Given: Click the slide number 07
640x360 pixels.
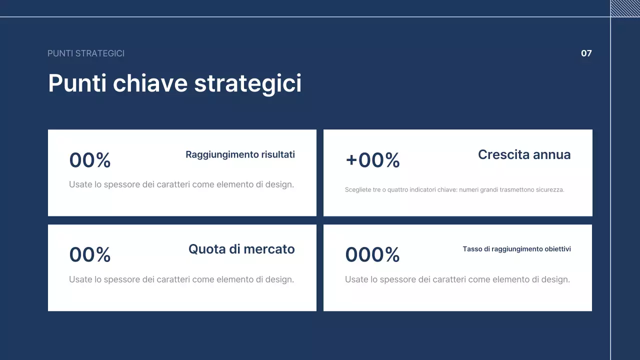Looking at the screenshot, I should click(586, 53).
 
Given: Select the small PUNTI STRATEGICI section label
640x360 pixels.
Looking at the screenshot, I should click(86, 53).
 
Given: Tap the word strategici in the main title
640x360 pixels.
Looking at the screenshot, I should click(247, 83).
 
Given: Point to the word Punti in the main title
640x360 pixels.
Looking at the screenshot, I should click(77, 83).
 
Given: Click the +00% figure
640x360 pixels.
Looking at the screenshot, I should click(372, 160).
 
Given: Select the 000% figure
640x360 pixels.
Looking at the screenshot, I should click(372, 255).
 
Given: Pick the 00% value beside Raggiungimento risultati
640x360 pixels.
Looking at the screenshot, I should click(90, 160).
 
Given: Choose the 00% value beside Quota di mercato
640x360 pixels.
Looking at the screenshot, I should click(90, 255).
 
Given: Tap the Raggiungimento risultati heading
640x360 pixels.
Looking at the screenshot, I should click(240, 154).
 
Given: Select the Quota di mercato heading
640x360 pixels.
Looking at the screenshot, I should click(241, 249).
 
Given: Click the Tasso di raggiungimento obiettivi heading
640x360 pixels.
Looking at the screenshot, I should click(516, 249).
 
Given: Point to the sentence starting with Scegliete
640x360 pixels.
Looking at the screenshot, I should click(454, 190).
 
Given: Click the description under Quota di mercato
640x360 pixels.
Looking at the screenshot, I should click(181, 279).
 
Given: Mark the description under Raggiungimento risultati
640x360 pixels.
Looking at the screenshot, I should click(181, 184).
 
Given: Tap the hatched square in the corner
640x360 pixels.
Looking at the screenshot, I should click(625, 8).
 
